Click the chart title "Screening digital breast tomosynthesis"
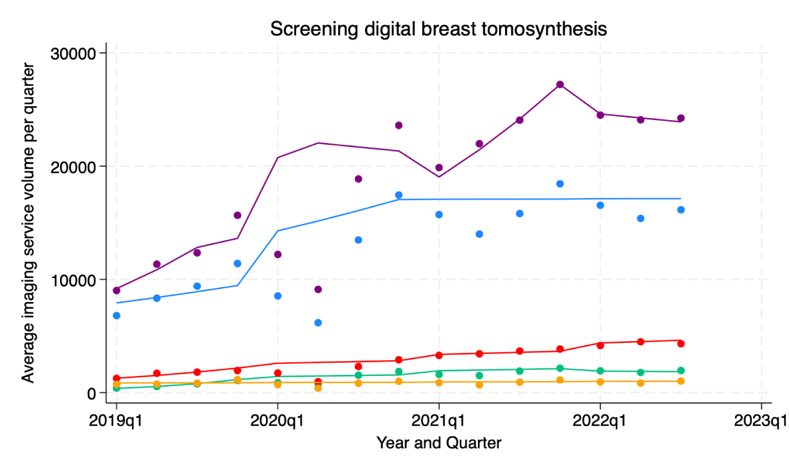click(438, 28)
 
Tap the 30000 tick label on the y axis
click(70, 53)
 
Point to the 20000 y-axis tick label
click(70, 166)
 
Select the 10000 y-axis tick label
click(70, 280)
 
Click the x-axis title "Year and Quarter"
click(438, 443)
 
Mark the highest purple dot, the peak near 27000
click(560, 85)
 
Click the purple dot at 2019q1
click(116, 291)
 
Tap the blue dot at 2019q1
click(116, 315)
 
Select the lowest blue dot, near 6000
click(318, 322)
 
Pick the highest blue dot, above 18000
click(560, 184)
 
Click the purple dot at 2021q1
click(439, 168)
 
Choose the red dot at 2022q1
click(600, 345)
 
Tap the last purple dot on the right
click(681, 118)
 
